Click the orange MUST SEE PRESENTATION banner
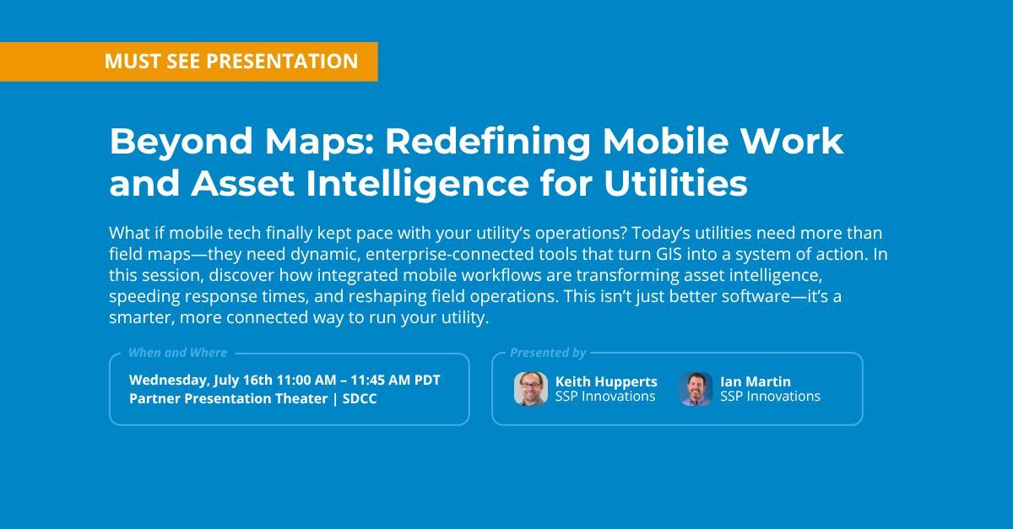pos(188,62)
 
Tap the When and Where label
pos(177,353)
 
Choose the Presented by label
pos(547,353)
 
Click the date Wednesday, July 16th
pos(203,380)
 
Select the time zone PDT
pos(426,380)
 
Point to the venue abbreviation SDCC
pos(360,398)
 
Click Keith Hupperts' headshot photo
pos(530,389)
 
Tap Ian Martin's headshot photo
pos(696,389)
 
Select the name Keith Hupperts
pos(606,381)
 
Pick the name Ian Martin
pos(756,381)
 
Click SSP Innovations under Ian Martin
pos(770,397)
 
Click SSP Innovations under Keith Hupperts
pos(605,397)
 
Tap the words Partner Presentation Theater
pos(228,398)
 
